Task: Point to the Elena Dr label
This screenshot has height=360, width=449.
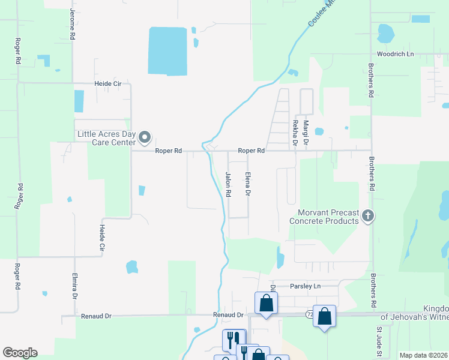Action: pyautogui.click(x=247, y=185)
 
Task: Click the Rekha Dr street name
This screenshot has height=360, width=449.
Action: pyautogui.click(x=295, y=134)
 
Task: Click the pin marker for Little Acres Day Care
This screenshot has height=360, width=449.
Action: pyautogui.click(x=145, y=139)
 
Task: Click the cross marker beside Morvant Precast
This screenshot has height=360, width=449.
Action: pyautogui.click(x=369, y=215)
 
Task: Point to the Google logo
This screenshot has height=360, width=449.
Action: pyautogui.click(x=20, y=353)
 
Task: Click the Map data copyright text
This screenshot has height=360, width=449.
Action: pyautogui.click(x=424, y=355)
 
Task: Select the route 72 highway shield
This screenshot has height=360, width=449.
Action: pyautogui.click(x=310, y=314)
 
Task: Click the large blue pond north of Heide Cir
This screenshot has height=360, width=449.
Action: pyautogui.click(x=167, y=51)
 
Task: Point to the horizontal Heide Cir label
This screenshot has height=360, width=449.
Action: pyautogui.click(x=107, y=84)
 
